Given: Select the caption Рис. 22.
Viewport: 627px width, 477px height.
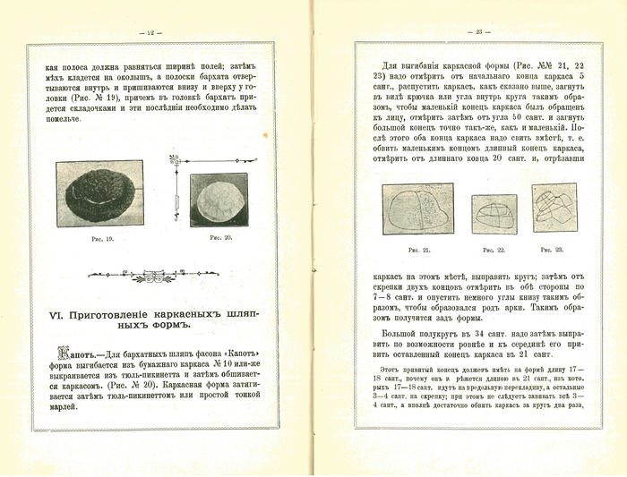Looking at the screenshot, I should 494,250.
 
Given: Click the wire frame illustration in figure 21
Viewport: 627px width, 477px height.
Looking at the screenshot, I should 419,211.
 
